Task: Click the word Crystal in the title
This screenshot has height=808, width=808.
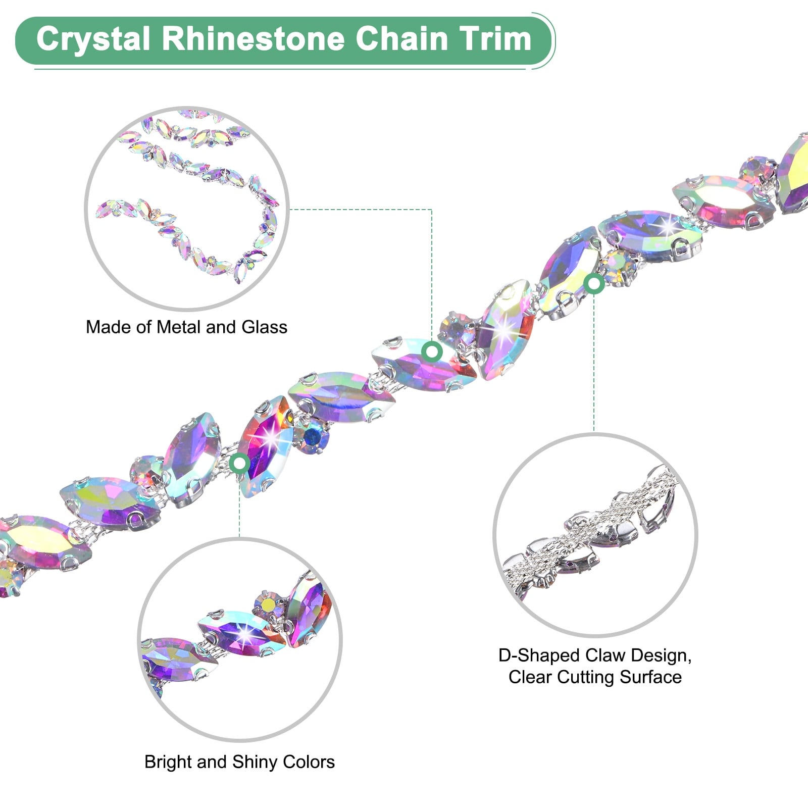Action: [x=93, y=39]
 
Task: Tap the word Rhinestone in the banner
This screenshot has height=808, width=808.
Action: [x=252, y=39]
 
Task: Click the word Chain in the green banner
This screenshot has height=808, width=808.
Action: [x=402, y=39]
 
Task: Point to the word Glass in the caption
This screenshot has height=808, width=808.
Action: [x=264, y=327]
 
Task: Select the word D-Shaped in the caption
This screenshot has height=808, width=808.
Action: [x=530, y=655]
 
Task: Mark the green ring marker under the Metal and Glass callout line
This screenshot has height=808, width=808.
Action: [x=432, y=351]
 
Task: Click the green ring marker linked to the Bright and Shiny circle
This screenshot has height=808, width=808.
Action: [x=239, y=463]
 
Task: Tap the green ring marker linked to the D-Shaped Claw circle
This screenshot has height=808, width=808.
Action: [x=594, y=284]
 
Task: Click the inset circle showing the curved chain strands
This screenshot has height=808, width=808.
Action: [x=187, y=208]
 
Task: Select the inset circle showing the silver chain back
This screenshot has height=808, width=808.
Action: [x=595, y=534]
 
